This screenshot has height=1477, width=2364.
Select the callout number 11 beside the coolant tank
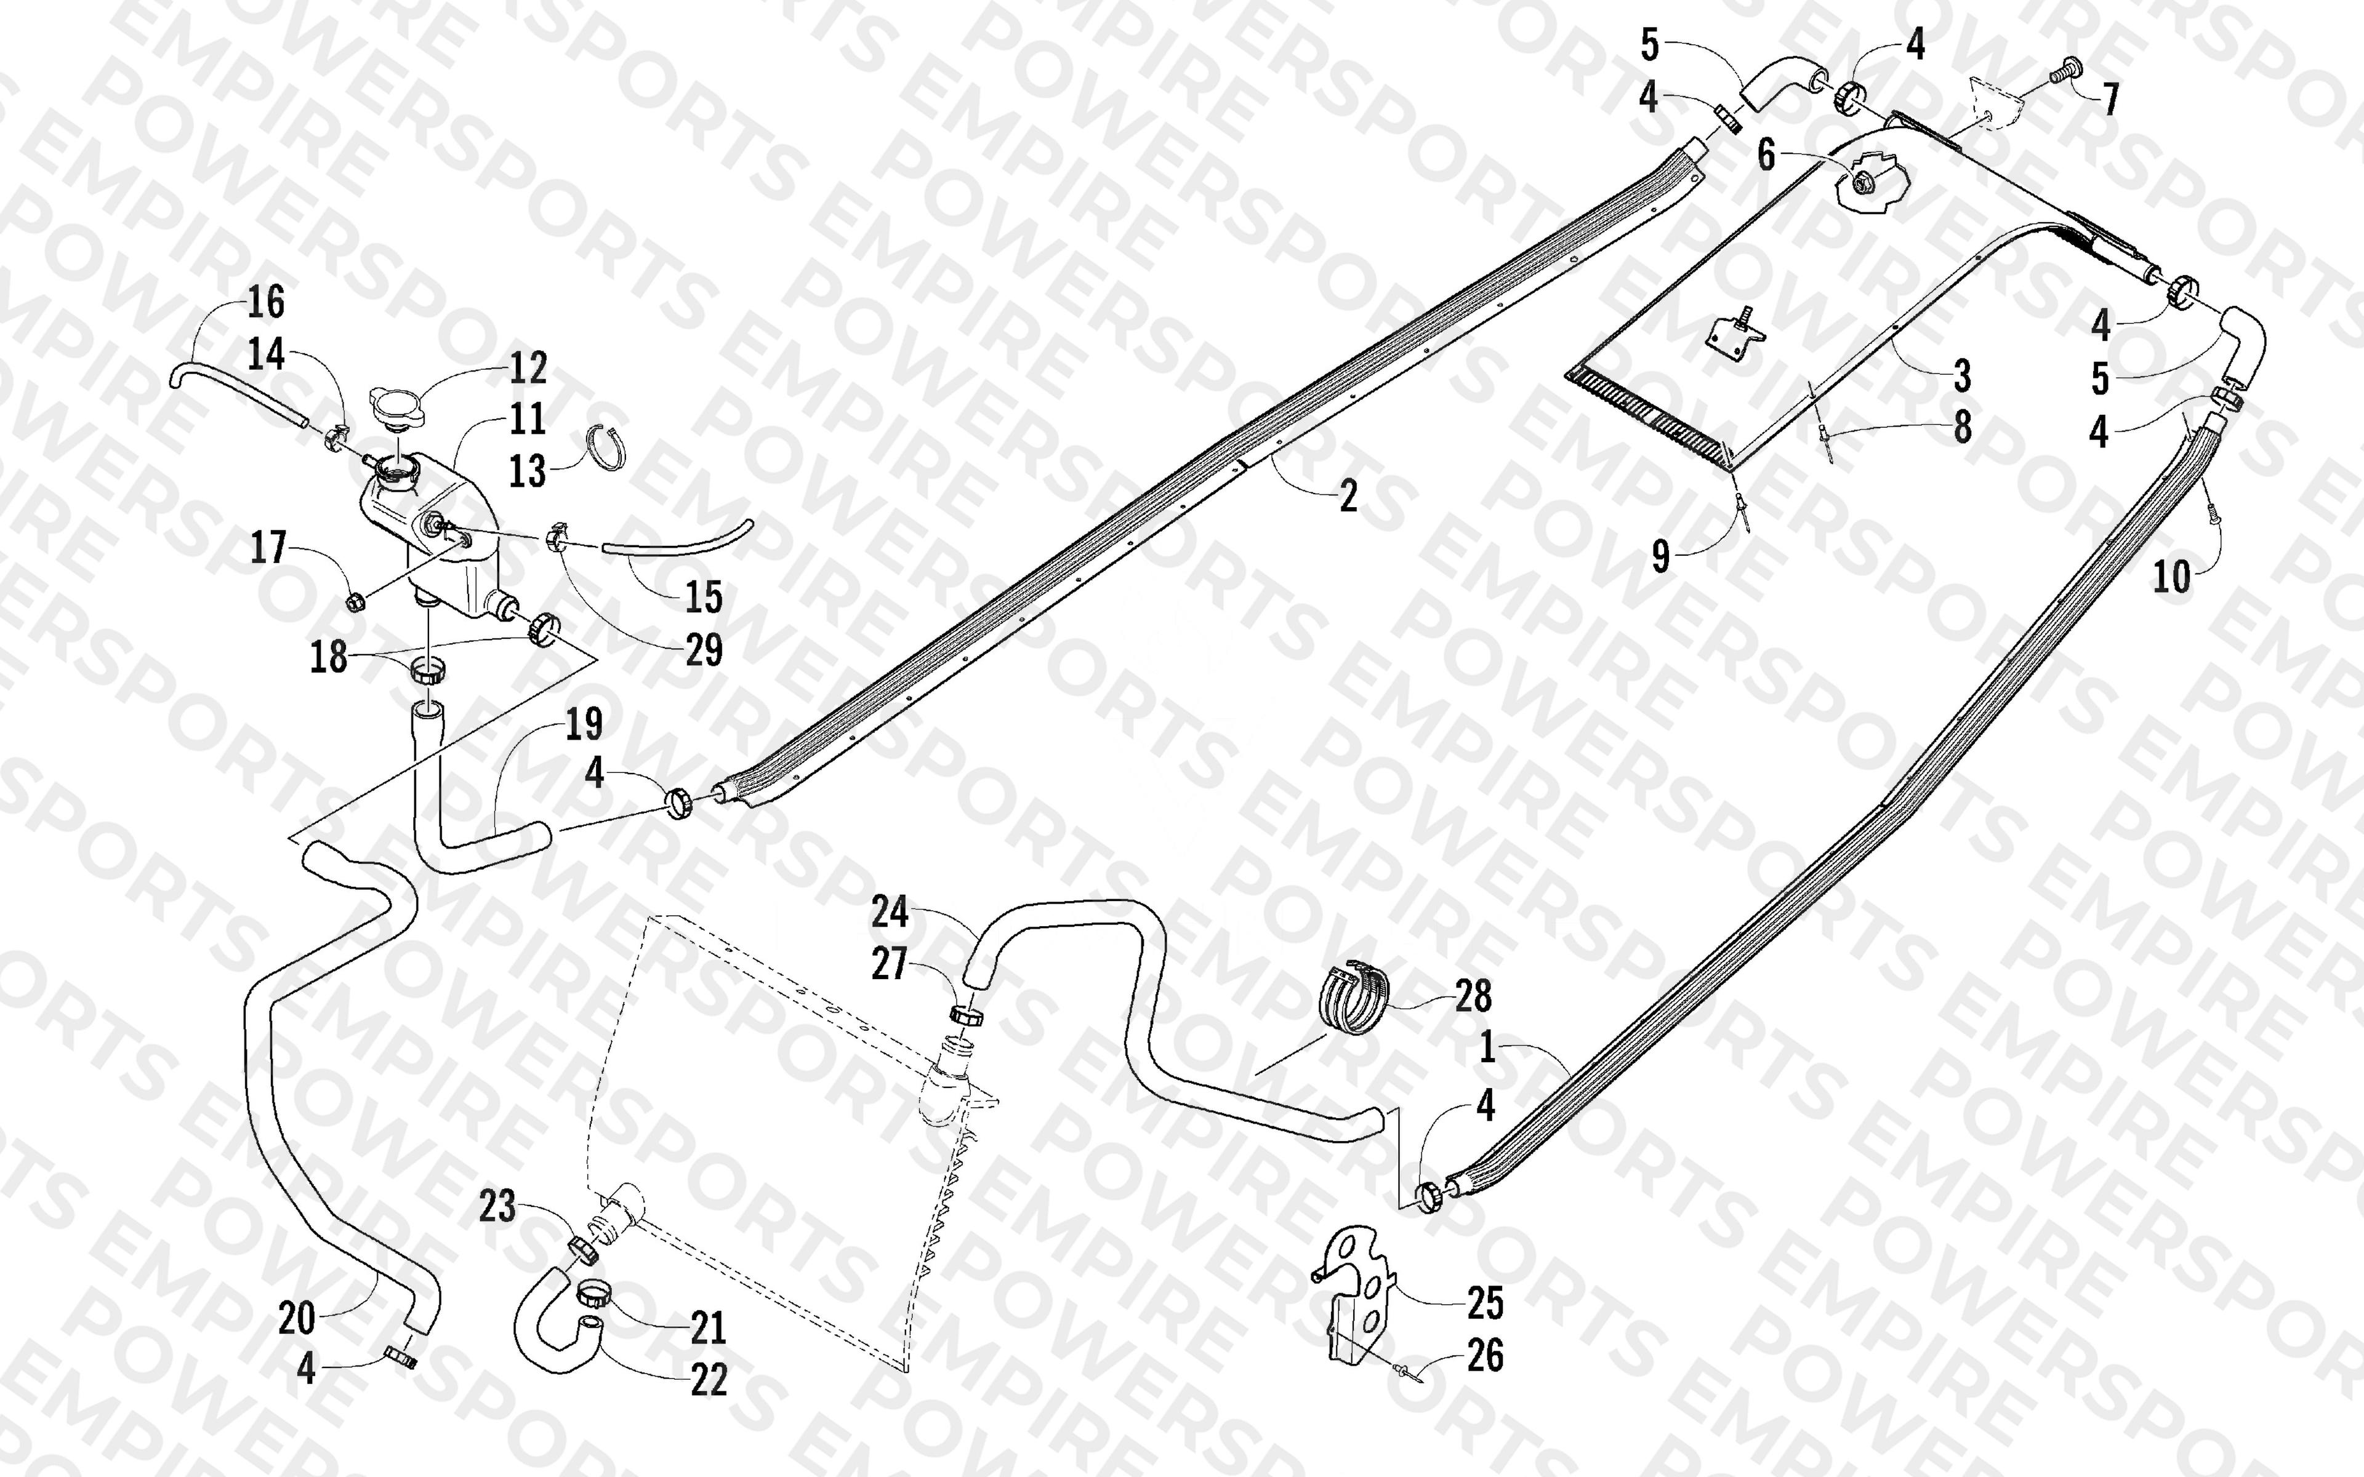click(528, 419)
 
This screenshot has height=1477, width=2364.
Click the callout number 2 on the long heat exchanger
click(1348, 496)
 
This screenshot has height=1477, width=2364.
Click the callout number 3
click(1961, 375)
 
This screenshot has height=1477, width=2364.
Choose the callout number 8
click(1961, 427)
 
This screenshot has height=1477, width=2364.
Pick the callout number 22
click(709, 1380)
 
